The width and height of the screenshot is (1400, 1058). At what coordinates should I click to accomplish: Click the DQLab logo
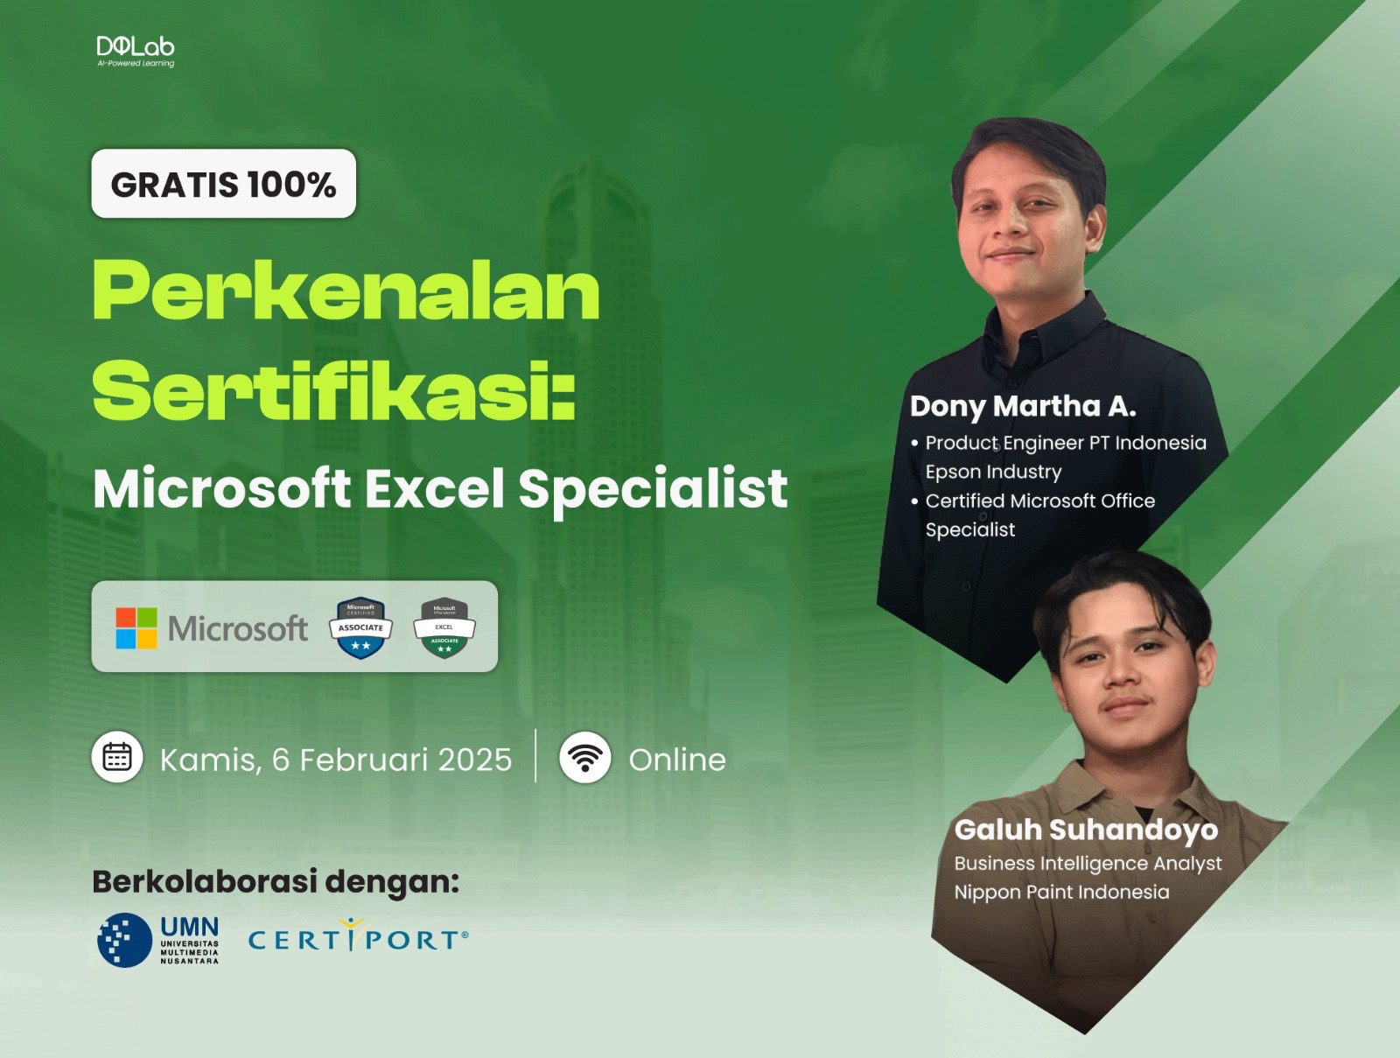136,51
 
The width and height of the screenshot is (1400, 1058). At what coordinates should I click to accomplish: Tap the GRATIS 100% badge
223,184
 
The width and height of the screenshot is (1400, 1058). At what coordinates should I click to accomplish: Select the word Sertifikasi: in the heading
333,391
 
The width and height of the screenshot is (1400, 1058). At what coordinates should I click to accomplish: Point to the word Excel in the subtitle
435,488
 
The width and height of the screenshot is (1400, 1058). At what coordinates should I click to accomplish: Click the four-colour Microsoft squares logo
136,628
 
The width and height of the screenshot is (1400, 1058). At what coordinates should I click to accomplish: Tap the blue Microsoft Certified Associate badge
360,627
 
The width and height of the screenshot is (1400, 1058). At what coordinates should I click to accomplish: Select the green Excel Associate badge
444,627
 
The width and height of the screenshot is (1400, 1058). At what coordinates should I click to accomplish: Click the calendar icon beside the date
117,757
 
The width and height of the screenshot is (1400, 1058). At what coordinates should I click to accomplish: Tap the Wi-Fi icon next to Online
584,757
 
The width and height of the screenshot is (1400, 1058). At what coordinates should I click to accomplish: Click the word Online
677,760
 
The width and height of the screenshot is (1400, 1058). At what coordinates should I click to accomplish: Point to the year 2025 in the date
475,760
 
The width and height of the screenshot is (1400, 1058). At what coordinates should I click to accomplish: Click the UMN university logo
158,940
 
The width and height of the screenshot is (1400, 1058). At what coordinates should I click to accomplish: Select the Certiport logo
358,938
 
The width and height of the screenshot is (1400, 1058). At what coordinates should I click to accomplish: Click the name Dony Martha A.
1023,406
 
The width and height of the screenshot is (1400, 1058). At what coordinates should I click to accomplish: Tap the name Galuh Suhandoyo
1086,830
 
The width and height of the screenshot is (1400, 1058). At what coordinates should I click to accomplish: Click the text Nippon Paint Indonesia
1061,892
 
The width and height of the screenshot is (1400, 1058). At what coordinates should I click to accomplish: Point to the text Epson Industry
993,472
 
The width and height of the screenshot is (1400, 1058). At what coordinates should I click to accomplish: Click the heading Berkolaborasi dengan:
276,881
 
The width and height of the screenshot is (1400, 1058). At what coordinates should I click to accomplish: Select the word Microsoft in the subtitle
221,488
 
